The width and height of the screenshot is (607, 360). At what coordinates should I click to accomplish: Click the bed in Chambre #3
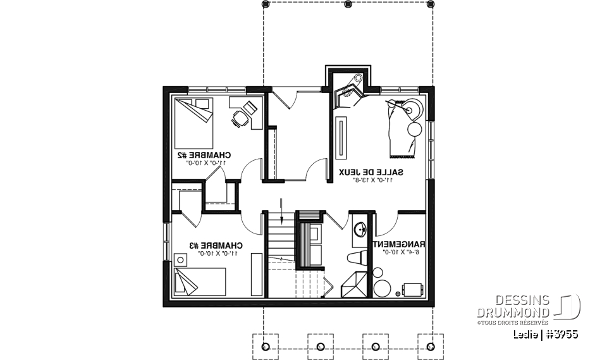pos(200,281)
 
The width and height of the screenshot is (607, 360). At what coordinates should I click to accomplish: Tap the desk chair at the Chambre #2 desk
pos(239,118)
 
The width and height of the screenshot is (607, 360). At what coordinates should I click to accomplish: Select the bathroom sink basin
pos(359,228)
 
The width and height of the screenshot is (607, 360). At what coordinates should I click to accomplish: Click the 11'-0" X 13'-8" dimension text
pos(372,180)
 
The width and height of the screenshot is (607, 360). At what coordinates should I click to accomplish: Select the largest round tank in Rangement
pos(382,288)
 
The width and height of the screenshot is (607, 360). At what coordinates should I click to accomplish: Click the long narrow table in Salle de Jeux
pos(341,137)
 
